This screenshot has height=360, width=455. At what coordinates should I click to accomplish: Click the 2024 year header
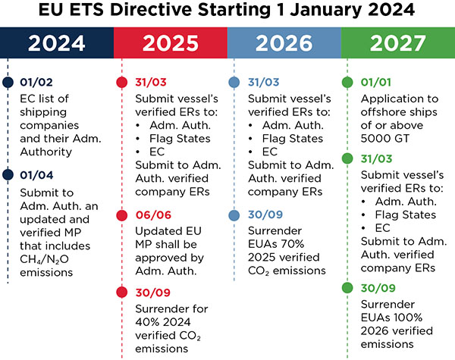point(57,43)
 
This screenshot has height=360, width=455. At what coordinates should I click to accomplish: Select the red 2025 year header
point(171,43)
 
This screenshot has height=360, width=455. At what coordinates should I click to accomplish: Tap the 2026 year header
point(284,43)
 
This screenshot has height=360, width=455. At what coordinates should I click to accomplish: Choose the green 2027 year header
point(398,43)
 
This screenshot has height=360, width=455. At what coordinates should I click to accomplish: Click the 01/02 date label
point(36,83)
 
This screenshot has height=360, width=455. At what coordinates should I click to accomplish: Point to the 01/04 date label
point(36,175)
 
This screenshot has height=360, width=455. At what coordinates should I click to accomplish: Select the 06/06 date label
point(153,215)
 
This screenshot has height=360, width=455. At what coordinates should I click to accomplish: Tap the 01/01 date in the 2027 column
point(376,83)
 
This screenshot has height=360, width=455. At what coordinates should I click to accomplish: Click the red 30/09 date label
point(152,293)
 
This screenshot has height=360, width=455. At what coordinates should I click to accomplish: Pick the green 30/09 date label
point(378,288)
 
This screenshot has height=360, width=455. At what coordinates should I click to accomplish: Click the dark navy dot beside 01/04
point(8,174)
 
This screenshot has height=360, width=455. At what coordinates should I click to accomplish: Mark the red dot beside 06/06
point(122,215)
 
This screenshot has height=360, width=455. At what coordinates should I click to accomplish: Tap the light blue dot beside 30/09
point(234,215)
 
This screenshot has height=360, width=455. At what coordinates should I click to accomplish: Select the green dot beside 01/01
point(347,82)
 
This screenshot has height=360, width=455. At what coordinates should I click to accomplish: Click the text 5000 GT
point(384,139)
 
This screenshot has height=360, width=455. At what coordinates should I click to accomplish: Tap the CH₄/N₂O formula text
point(44,259)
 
